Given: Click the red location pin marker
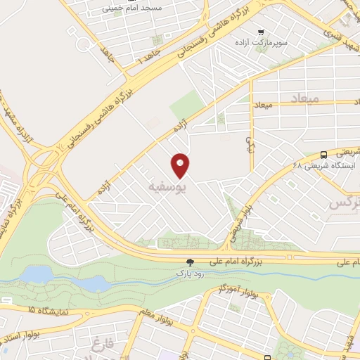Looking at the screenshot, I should [x=181, y=166].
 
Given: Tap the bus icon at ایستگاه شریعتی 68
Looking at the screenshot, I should [x=323, y=154].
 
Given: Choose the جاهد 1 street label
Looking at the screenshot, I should [x=148, y=58].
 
